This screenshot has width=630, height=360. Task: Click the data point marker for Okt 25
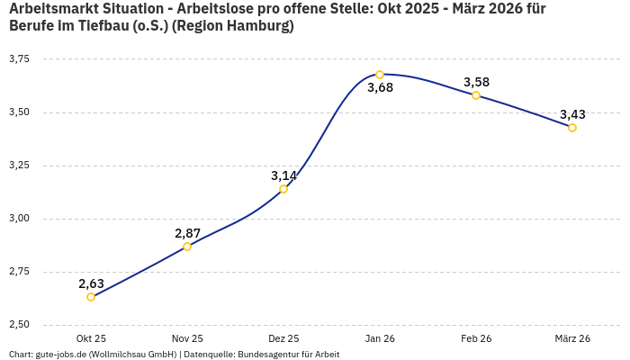[91, 297]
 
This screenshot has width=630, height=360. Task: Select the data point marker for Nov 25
[187, 247]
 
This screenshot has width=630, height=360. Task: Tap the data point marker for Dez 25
[283, 189]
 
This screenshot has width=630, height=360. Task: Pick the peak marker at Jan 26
[380, 75]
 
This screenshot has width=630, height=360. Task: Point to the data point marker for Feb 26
[476, 95]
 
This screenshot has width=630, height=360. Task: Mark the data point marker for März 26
[572, 128]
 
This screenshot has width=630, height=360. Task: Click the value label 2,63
[91, 283]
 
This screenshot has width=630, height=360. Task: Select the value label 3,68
[380, 88]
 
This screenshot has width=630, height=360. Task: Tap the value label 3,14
[283, 175]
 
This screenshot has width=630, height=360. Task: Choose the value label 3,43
[572, 114]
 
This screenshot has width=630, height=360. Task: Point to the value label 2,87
[187, 233]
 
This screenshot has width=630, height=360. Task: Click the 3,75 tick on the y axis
[19, 59]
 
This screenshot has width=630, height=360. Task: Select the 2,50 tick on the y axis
[19, 325]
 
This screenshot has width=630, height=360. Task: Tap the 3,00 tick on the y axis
[19, 219]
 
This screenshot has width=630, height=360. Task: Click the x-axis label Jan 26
[380, 338]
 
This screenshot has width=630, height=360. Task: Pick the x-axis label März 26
[572, 338]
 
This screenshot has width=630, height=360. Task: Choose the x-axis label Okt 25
[91, 338]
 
